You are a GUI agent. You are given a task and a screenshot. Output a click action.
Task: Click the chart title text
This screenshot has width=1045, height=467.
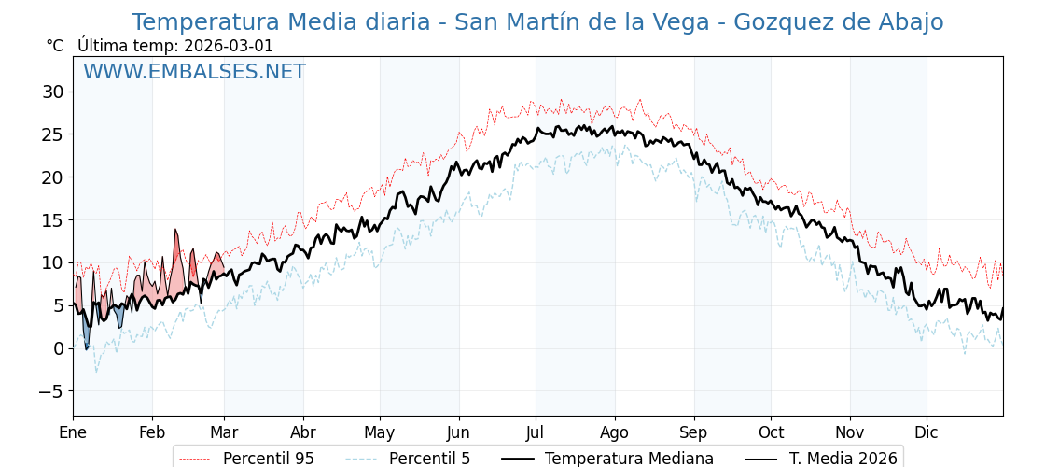coord(536,22)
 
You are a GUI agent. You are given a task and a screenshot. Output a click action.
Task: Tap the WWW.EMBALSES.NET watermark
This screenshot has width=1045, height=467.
coord(194,72)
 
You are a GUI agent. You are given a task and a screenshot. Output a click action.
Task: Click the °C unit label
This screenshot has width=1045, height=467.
coord(54,46)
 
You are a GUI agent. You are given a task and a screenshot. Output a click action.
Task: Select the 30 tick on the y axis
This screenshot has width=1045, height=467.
coord(52,92)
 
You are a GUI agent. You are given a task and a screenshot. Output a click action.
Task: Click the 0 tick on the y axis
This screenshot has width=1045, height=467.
coord(59,348)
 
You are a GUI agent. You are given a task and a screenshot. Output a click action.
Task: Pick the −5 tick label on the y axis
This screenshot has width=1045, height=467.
coord(50,391)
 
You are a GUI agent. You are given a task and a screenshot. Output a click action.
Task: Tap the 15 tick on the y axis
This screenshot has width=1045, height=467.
coord(52,220)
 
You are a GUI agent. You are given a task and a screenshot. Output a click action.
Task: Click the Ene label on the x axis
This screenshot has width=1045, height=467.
coord(73,432)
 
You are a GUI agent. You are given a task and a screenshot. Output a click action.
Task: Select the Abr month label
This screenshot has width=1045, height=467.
coord(303,432)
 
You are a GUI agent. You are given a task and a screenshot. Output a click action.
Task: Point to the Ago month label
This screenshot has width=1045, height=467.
coord(615,432)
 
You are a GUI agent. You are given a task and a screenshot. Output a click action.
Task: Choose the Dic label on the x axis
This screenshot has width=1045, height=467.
coord(927,432)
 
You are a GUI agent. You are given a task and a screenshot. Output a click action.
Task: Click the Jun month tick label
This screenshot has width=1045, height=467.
coord(458,432)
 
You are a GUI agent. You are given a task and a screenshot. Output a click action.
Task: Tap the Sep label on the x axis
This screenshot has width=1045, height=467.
coord(694,432)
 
